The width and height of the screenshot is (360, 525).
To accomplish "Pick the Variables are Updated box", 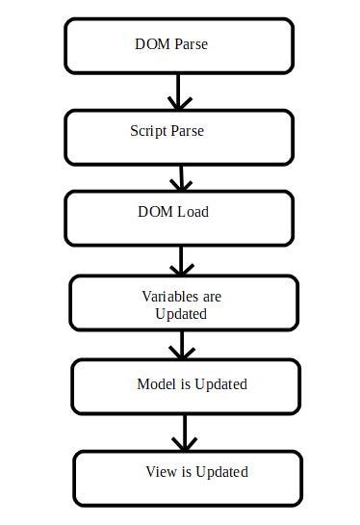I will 181,303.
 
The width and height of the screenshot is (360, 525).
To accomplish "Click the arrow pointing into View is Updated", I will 181,433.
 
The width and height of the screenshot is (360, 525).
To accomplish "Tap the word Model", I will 156,384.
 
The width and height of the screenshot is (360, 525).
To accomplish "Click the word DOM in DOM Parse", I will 153,43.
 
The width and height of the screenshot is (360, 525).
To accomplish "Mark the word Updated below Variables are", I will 181,314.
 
